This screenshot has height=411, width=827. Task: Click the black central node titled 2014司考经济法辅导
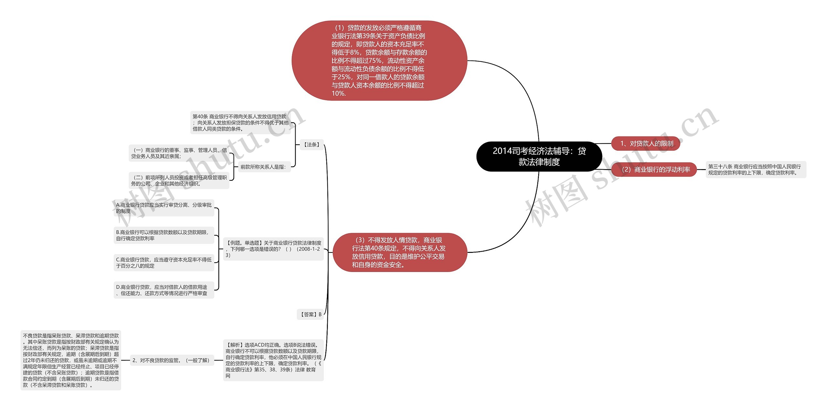[539, 156]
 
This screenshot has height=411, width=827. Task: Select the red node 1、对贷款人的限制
[645, 144]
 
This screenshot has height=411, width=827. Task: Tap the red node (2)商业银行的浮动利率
[654, 169]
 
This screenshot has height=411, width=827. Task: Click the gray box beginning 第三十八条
[756, 169]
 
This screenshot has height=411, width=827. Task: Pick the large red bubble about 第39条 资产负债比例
[379, 60]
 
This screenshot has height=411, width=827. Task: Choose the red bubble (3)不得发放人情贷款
[400, 252]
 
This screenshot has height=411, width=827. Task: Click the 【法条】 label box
[311, 145]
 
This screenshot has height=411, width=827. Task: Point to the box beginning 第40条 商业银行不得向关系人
[240, 123]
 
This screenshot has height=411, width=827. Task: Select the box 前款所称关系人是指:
[263, 167]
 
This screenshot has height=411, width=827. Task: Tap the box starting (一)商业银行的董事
[179, 153]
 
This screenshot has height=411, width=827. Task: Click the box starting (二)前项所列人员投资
[179, 180]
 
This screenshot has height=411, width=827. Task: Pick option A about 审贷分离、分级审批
[164, 208]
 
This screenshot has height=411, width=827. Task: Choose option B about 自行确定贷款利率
[164, 235]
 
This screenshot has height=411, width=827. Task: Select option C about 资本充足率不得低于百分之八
[164, 263]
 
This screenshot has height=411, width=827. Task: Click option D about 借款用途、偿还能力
[164, 290]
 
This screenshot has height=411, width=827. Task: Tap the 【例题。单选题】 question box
[273, 249]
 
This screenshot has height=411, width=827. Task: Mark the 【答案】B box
[310, 314]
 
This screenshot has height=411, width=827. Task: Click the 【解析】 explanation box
[273, 360]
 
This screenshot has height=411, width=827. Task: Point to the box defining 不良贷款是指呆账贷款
[71, 360]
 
